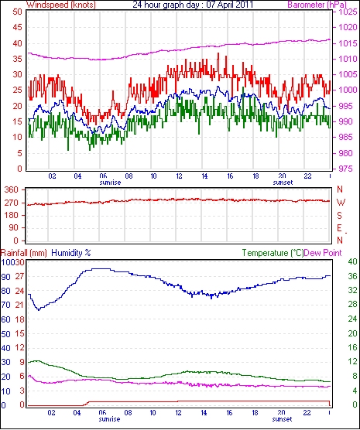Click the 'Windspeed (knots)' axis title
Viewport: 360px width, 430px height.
61,5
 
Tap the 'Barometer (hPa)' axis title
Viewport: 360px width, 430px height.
317,5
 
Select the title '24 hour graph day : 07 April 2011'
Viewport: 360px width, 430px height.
193,5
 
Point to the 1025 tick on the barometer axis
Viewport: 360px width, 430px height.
348,12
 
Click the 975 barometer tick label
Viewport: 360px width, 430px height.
345,169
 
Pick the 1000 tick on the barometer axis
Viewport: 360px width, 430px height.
348,90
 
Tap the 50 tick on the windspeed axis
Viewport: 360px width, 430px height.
17,12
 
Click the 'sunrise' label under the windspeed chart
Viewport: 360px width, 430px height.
110,183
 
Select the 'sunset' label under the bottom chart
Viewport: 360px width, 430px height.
282,419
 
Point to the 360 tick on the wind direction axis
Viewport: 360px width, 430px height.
12,189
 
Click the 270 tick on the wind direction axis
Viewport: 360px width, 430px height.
12,203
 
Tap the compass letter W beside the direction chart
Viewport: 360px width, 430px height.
341,203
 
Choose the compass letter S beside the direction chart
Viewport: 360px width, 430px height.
340,216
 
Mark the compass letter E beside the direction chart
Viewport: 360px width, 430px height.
340,228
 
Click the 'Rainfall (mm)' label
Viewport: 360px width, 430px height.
24,253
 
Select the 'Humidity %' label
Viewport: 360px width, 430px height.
71,253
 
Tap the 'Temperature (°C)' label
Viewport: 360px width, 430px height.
273,253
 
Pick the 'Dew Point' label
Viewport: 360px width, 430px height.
323,253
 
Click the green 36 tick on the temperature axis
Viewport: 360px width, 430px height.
352,276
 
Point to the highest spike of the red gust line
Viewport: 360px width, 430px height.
218,53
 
